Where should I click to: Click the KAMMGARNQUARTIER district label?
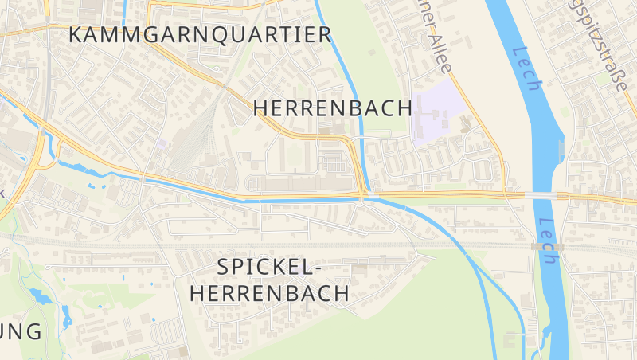tap(200, 34)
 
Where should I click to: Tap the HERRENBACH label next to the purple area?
tap(333, 109)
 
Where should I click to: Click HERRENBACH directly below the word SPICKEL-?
tap(269, 293)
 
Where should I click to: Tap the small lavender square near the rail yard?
tap(162, 143)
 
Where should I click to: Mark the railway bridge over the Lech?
tap(548, 247)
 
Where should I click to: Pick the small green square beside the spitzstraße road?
tap(602, 79)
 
